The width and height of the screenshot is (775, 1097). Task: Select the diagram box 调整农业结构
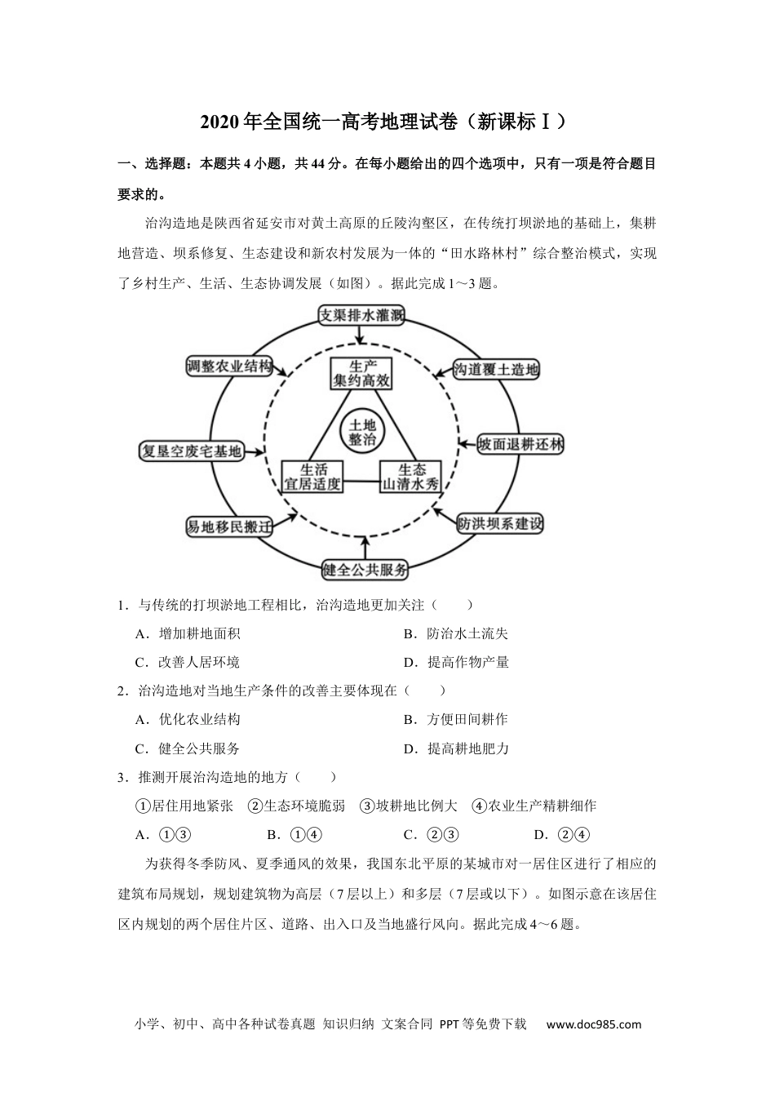pyautogui.click(x=228, y=366)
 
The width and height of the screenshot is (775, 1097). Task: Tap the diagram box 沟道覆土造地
pyautogui.click(x=496, y=369)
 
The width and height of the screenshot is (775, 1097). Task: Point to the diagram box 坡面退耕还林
pyautogui.click(x=520, y=444)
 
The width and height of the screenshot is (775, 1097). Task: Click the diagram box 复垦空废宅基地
pyautogui.click(x=192, y=451)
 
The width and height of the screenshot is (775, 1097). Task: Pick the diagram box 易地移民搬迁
pyautogui.click(x=228, y=526)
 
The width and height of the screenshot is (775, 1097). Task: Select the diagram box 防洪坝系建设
pyautogui.click(x=499, y=523)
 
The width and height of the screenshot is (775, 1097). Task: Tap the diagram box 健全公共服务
pyautogui.click(x=364, y=570)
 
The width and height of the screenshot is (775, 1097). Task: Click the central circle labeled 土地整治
pyautogui.click(x=362, y=432)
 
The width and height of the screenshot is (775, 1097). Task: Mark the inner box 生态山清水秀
pyautogui.click(x=411, y=477)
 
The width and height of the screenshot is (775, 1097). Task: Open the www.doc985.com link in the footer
pyautogui.click(x=593, y=1024)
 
